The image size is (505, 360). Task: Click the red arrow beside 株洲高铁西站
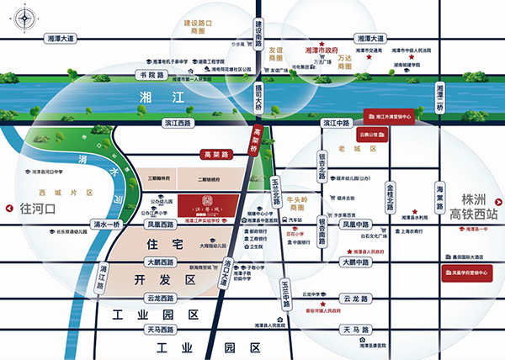[497, 201]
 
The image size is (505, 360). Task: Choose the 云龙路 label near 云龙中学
[356, 298]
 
